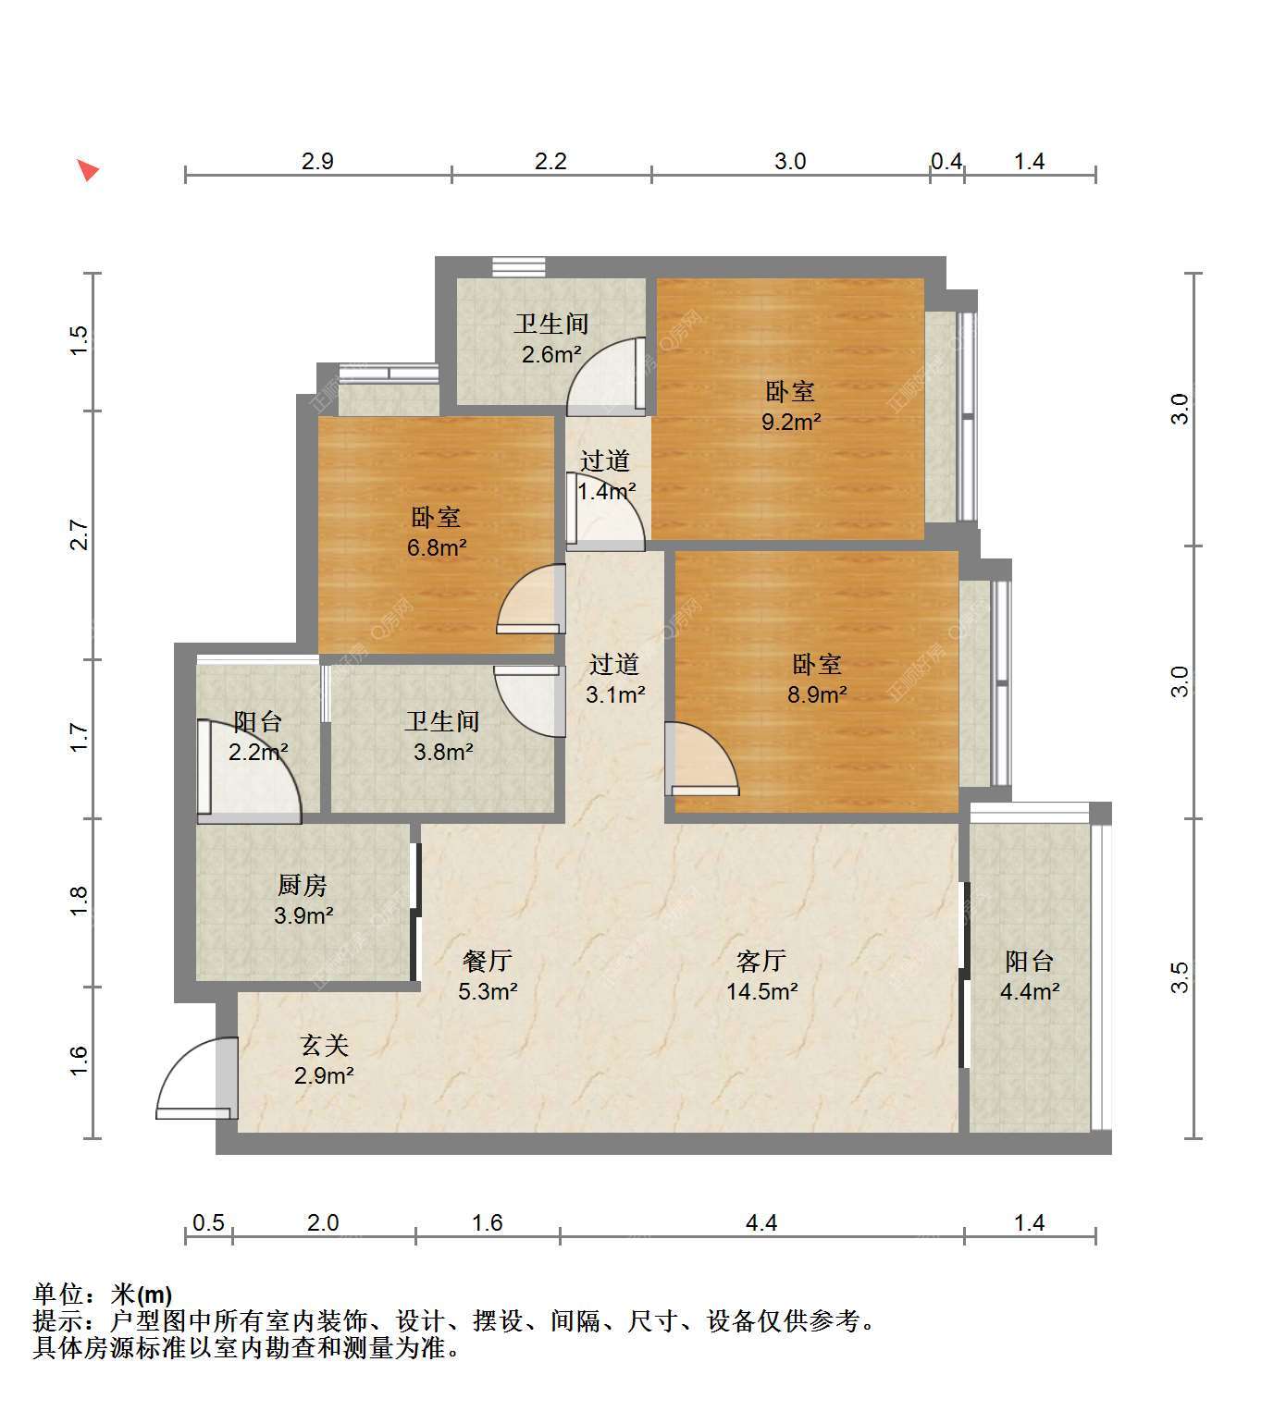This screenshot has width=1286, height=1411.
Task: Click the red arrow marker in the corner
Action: (88, 170)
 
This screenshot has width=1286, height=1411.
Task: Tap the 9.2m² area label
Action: (790, 422)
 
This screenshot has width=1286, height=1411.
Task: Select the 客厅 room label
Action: (760, 960)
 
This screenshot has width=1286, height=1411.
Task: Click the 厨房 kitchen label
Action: (303, 885)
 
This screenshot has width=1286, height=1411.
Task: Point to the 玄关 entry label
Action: (324, 1045)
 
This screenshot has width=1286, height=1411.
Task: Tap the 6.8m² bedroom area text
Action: (437, 547)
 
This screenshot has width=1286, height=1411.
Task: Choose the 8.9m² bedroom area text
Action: (817, 695)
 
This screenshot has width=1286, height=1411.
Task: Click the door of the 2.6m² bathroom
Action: (607, 375)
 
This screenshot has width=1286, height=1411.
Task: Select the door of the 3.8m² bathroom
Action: (530, 701)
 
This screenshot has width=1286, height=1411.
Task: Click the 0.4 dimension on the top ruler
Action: (946, 161)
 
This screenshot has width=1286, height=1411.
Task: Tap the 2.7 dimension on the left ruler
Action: (79, 534)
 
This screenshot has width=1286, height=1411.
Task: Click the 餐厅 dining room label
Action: (487, 960)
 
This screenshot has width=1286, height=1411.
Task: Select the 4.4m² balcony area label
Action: (1030, 992)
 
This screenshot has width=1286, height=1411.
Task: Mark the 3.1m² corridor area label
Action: (615, 695)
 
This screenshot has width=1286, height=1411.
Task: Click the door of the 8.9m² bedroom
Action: (702, 759)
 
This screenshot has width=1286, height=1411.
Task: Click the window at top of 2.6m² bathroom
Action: (519, 266)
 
